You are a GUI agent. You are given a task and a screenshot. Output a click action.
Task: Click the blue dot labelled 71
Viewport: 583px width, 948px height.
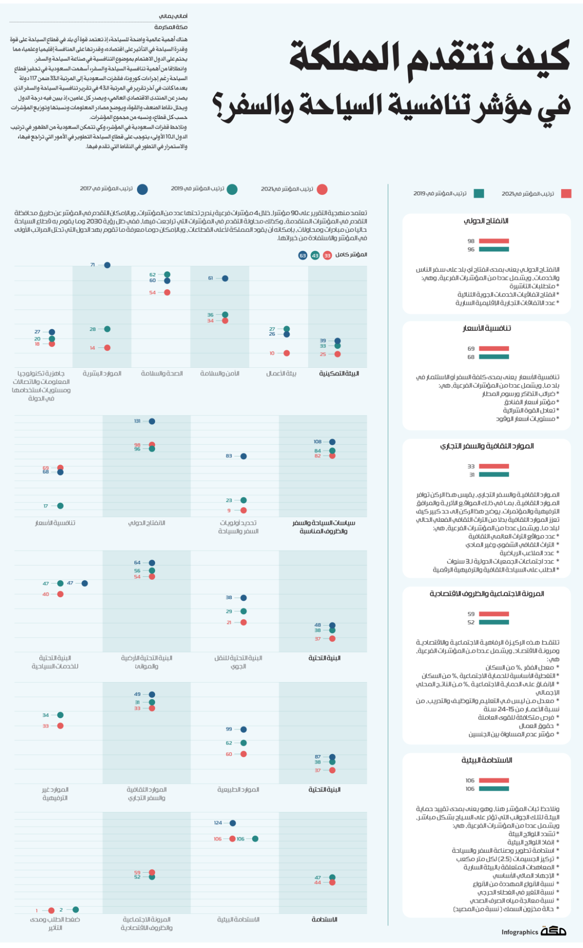tap(107, 265)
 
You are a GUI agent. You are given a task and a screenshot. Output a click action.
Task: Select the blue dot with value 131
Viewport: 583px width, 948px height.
tap(152, 421)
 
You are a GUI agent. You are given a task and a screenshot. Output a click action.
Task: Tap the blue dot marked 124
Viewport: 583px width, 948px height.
tap(233, 823)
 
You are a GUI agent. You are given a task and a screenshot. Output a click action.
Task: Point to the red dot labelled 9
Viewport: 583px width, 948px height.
tap(243, 510)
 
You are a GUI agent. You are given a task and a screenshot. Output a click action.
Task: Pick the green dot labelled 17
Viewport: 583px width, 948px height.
tap(60, 506)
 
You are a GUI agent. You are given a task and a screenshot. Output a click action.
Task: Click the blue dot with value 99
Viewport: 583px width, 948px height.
tap(243, 729)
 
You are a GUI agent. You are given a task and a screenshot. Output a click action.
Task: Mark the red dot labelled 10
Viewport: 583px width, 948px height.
tap(287, 353)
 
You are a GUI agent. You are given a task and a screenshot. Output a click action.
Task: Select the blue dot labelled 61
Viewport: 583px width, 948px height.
tap(225, 278)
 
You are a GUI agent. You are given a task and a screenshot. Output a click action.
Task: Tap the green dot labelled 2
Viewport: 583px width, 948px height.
tap(75, 910)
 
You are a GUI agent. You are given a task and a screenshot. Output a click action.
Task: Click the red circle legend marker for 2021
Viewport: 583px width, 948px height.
tap(322, 190)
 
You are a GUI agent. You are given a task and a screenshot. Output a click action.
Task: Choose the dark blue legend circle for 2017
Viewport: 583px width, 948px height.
tap(142, 190)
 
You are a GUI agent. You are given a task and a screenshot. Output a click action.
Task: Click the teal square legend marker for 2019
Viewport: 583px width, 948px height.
tap(479, 193)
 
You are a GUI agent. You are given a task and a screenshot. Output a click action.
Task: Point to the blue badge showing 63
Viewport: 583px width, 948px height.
tap(303, 256)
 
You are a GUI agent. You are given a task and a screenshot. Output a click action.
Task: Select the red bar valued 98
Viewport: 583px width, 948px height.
tap(494, 241)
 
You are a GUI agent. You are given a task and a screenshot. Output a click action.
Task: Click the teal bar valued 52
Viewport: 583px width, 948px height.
tap(494, 622)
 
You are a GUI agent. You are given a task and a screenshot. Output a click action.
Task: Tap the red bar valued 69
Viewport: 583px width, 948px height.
tap(494, 348)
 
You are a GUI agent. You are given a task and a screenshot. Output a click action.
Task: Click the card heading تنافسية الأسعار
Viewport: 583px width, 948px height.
tap(487, 328)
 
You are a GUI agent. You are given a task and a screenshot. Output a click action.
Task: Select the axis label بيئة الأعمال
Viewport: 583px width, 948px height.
tap(281, 374)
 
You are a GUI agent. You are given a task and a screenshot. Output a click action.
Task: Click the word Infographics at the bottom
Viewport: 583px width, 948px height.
tap(520, 932)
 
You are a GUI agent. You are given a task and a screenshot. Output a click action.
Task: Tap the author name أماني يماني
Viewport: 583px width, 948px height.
tap(173, 16)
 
